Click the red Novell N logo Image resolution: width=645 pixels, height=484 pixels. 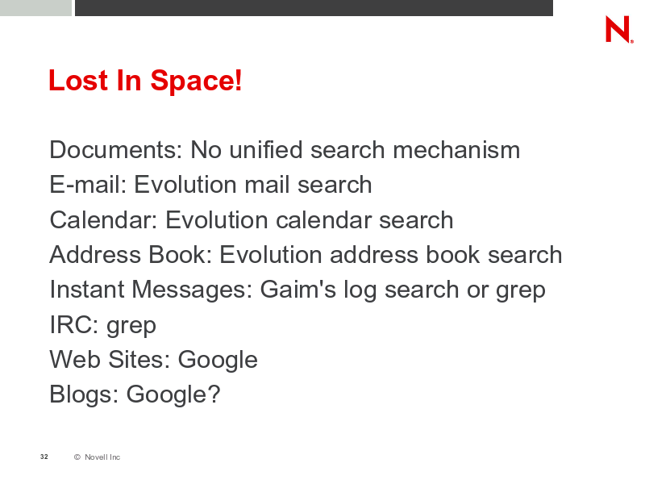pyautogui.click(x=619, y=29)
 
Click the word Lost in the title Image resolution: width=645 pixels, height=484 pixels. pyautogui.click(x=78, y=80)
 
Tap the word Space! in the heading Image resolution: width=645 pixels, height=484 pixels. pyautogui.click(x=196, y=81)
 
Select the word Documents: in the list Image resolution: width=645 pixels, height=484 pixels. pyautogui.click(x=115, y=149)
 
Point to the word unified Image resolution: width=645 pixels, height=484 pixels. pyautogui.click(x=266, y=149)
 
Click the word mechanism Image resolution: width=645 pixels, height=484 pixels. pyautogui.click(x=456, y=149)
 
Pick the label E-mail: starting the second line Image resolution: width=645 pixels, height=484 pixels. pyautogui.click(x=88, y=184)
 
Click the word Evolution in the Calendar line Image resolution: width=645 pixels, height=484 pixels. pyautogui.click(x=216, y=219)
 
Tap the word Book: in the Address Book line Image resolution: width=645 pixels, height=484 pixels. pyautogui.click(x=180, y=254)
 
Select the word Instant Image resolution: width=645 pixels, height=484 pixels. pyautogui.click(x=87, y=289)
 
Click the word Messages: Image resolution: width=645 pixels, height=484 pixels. pyautogui.click(x=192, y=290)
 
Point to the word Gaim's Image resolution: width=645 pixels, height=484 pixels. pyautogui.click(x=298, y=289)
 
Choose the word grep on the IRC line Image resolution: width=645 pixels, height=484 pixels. pyautogui.click(x=131, y=327)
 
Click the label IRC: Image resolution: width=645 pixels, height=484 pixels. pyautogui.click(x=74, y=324)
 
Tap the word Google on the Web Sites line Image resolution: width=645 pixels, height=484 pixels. pyautogui.click(x=218, y=361)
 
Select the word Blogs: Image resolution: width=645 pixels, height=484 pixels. pyautogui.click(x=84, y=394)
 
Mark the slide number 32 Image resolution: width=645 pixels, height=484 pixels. pyautogui.click(x=44, y=457)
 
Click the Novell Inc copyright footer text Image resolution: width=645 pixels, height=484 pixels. pyautogui.click(x=97, y=457)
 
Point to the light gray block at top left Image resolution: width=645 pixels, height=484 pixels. pyautogui.click(x=35, y=8)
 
